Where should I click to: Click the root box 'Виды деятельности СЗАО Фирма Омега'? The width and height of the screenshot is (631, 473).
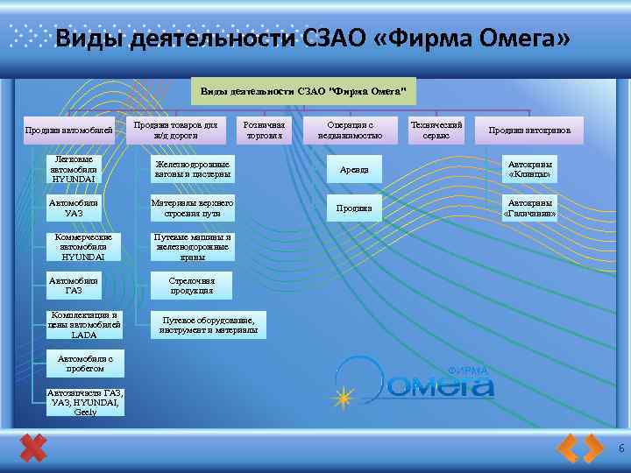click(x=301, y=90)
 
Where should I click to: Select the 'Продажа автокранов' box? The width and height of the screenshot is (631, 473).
click(x=529, y=131)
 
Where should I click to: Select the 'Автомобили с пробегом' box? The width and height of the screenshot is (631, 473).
click(x=85, y=364)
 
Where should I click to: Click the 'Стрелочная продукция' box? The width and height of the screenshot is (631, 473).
click(x=192, y=285)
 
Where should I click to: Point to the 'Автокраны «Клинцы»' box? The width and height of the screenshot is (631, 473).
click(x=529, y=168)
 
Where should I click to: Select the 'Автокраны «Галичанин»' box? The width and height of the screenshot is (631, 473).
click(x=529, y=208)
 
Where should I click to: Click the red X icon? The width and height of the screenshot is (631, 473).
click(x=33, y=448)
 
